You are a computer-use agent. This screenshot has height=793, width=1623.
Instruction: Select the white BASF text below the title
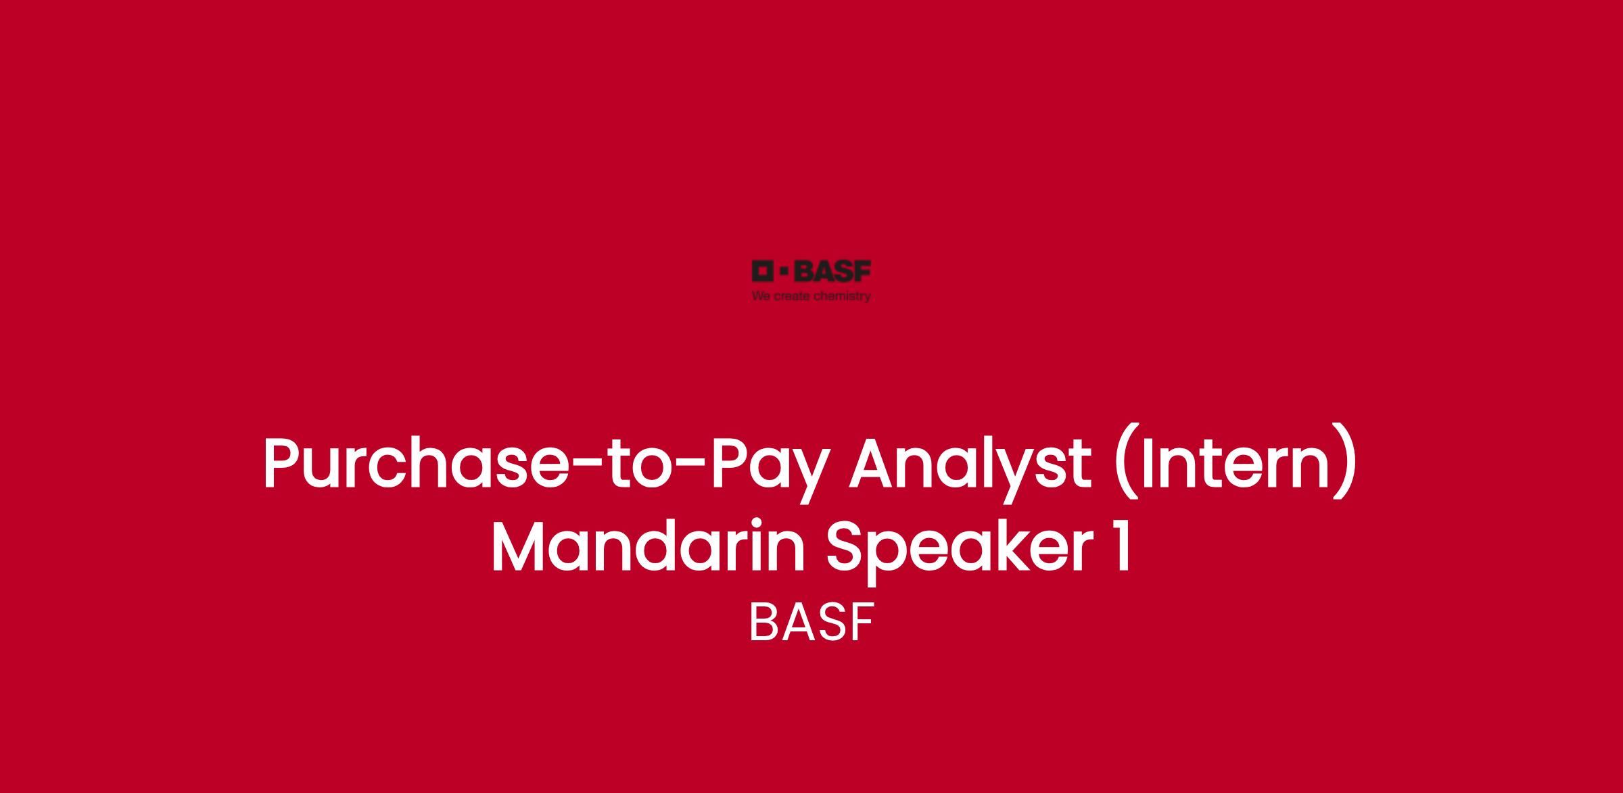pos(811,623)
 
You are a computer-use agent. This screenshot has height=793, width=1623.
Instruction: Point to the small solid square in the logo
pos(784,271)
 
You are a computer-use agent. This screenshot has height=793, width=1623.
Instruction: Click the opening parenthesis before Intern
pos(1123,466)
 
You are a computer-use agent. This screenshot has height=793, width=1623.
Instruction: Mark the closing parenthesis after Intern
pos(1346,466)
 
